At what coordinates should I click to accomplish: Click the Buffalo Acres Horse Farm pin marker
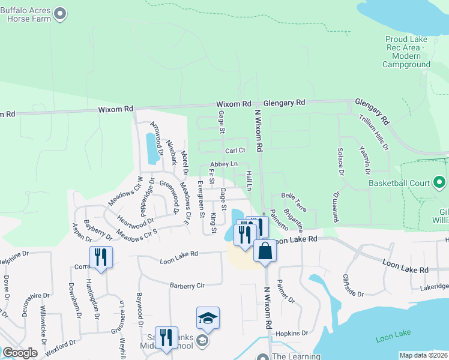point(59,13)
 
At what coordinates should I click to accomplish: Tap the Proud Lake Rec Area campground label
point(406,52)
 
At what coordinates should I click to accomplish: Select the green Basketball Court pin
point(439,182)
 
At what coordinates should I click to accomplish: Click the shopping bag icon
point(265,250)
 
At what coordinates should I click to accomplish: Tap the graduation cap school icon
point(208,317)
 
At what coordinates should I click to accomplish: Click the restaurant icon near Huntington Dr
point(100,257)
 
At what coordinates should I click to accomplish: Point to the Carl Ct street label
point(235,151)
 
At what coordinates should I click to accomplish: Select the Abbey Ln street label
point(224,164)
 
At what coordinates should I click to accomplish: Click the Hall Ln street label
point(249,180)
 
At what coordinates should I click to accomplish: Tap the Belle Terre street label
point(294,202)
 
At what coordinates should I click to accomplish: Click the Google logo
point(20,353)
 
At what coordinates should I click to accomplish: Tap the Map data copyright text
point(423,355)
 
